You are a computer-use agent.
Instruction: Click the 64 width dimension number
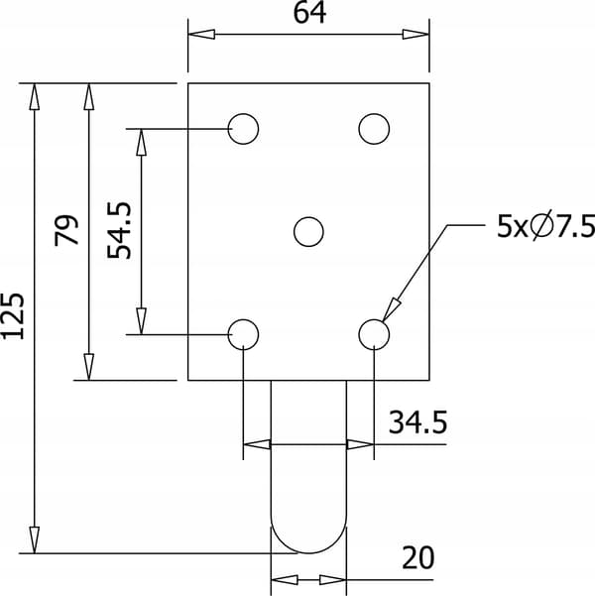[x=309, y=13]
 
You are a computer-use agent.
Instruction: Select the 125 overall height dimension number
[x=13, y=315]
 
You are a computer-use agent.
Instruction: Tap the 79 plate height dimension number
[x=66, y=230]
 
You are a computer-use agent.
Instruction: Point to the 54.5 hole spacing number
[x=119, y=231]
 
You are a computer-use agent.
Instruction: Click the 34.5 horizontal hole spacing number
[x=417, y=421]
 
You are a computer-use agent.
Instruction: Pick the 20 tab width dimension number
[x=417, y=557]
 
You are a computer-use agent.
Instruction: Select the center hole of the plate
[x=308, y=232]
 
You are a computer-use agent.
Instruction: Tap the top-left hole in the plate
[x=243, y=129]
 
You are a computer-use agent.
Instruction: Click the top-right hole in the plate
[x=374, y=129]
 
